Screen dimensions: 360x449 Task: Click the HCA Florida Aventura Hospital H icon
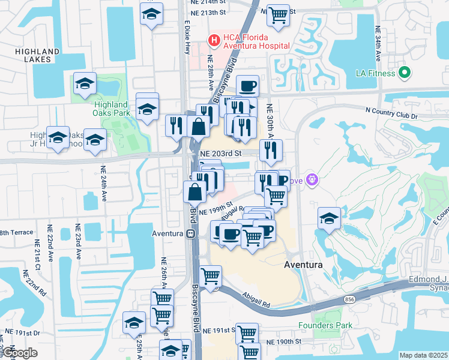point(213,41)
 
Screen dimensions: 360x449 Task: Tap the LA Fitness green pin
point(405,73)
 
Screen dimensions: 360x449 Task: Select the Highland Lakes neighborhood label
point(37,56)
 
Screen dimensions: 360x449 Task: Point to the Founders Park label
point(324,326)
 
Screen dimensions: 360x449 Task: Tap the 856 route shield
point(349,298)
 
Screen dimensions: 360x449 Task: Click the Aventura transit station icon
point(190,233)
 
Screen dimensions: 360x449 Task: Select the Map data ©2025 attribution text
point(423,355)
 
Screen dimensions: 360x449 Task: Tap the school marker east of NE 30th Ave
point(328,219)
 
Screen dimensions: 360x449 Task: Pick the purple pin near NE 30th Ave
point(311,179)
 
